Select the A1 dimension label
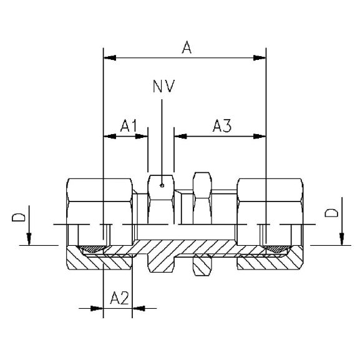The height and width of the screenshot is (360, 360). (x=129, y=126)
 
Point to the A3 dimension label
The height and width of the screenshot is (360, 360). (x=222, y=126)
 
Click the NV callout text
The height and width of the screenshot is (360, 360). (x=163, y=86)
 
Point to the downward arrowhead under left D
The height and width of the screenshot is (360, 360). (x=28, y=240)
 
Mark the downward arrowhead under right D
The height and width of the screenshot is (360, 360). (x=341, y=240)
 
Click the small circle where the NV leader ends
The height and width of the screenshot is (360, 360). (x=162, y=184)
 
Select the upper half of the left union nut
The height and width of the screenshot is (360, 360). (x=100, y=200)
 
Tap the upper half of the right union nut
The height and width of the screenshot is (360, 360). (x=270, y=200)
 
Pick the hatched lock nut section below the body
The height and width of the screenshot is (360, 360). (x=202, y=266)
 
